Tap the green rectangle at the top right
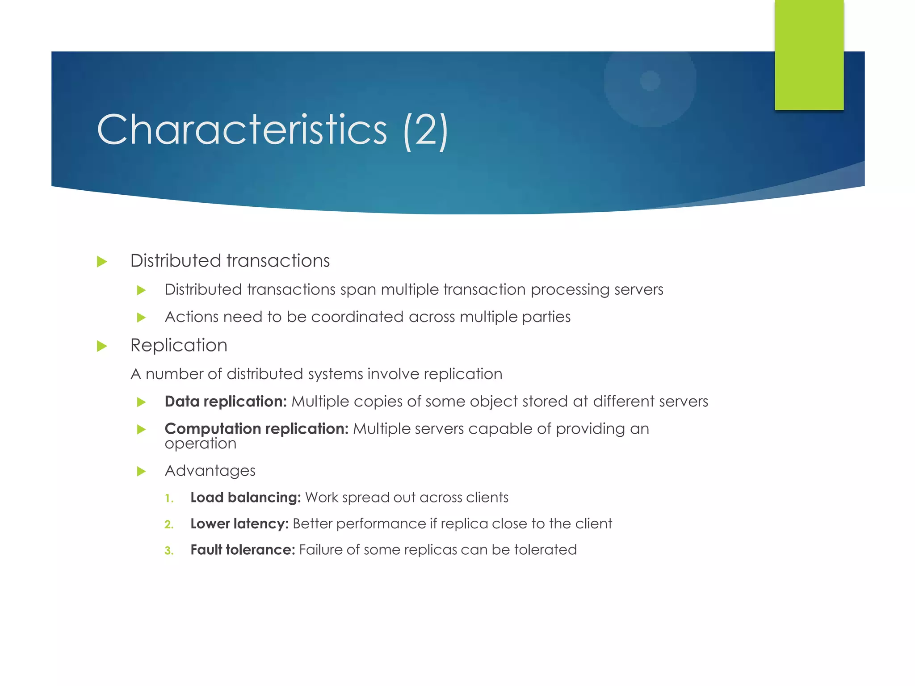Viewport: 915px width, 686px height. (809, 54)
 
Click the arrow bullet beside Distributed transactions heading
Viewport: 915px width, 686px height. (102, 262)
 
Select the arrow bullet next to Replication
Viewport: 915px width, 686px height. (102, 346)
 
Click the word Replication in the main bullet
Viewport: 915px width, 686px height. (179, 345)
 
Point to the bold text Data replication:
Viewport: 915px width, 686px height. (226, 402)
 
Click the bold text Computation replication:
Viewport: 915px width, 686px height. (256, 429)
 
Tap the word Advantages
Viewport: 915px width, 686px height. (210, 471)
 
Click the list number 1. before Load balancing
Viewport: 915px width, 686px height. (169, 498)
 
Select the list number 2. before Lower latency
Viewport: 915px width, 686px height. (169, 524)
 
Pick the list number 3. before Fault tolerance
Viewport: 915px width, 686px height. (169, 551)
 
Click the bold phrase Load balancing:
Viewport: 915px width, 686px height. (245, 498)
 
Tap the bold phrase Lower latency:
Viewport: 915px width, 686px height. (239, 524)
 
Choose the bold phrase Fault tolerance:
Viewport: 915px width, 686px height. (243, 550)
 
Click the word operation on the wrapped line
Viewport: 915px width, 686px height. (201, 444)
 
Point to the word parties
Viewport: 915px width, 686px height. (546, 317)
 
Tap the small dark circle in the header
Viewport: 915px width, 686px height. (650, 81)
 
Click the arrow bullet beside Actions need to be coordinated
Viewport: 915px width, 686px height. (141, 318)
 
